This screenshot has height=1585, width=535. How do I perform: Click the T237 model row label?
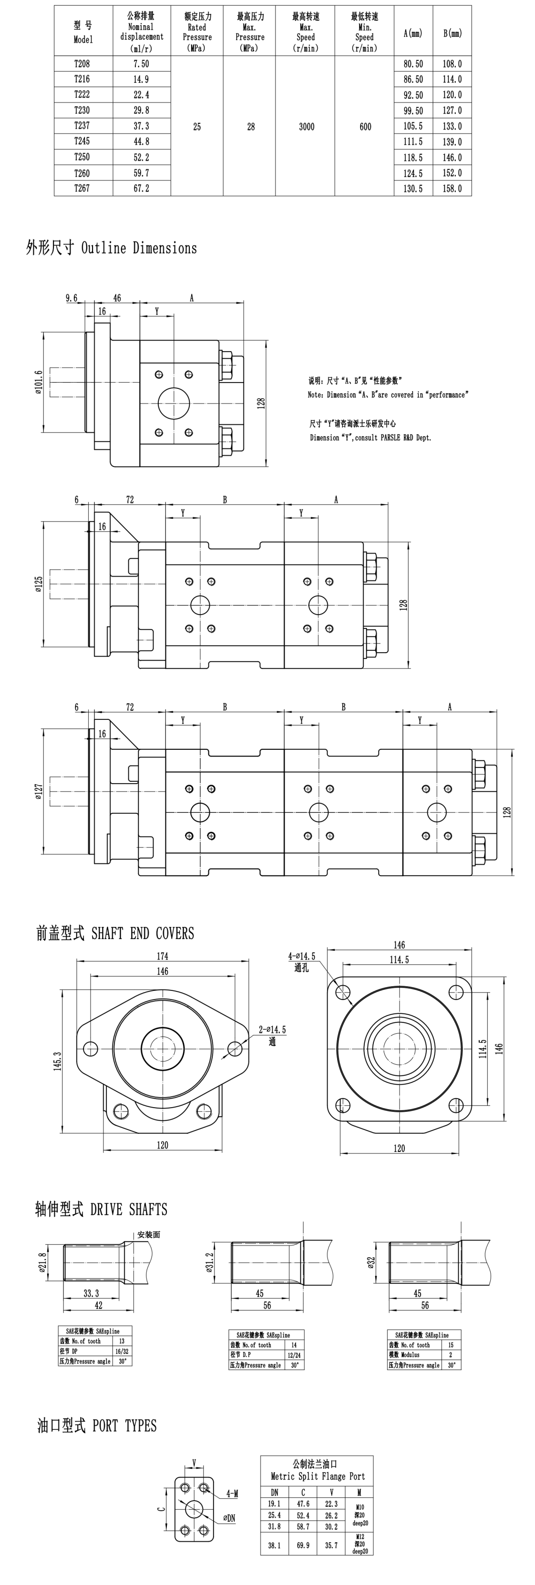pos(82,125)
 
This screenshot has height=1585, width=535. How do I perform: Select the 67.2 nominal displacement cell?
pos(141,188)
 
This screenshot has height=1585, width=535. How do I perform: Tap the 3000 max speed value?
pos(306,127)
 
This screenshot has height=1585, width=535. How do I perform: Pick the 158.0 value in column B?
pos(452,188)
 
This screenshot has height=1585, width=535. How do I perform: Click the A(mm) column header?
pos(412,33)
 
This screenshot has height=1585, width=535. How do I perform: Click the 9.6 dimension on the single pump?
pos(72,298)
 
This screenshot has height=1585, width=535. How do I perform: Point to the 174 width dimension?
pos(162,956)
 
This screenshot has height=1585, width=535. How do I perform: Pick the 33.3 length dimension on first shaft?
pos(91,1293)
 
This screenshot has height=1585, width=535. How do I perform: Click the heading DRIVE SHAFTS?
pos(101,1209)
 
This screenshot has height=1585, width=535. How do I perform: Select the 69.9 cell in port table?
pos(303,1545)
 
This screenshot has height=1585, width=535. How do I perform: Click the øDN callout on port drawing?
pos(229,1518)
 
